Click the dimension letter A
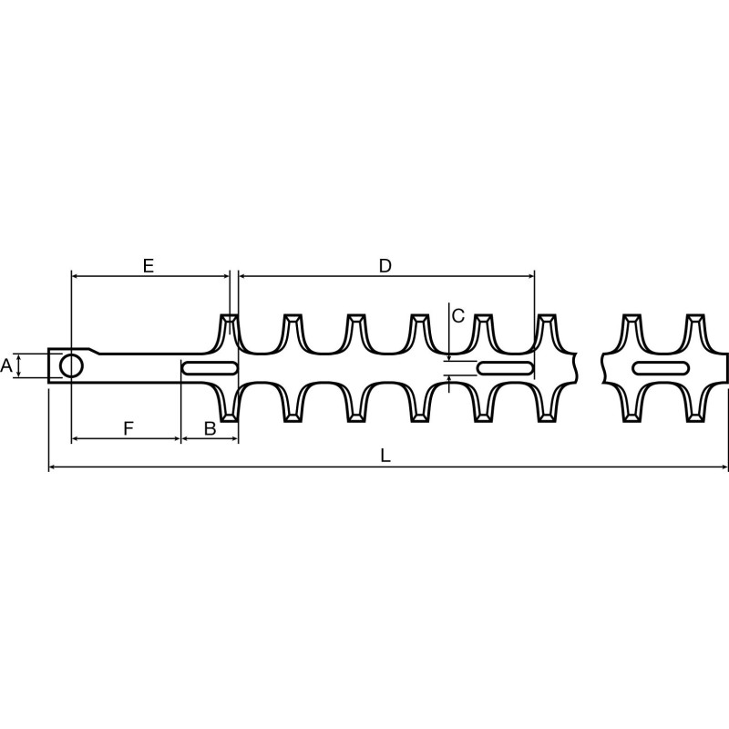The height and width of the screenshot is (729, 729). (x=6, y=365)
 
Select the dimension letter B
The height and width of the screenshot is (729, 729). (x=210, y=427)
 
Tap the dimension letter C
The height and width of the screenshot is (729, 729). (x=458, y=315)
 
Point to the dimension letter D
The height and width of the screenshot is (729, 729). (x=385, y=266)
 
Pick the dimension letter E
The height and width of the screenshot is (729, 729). (x=148, y=266)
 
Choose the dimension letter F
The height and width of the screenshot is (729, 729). (x=128, y=427)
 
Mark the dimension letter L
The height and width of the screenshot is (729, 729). (x=385, y=457)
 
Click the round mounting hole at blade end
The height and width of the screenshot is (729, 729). (x=71, y=366)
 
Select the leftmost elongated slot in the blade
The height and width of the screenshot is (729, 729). (x=210, y=368)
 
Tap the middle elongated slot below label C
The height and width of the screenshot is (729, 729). (x=506, y=368)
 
